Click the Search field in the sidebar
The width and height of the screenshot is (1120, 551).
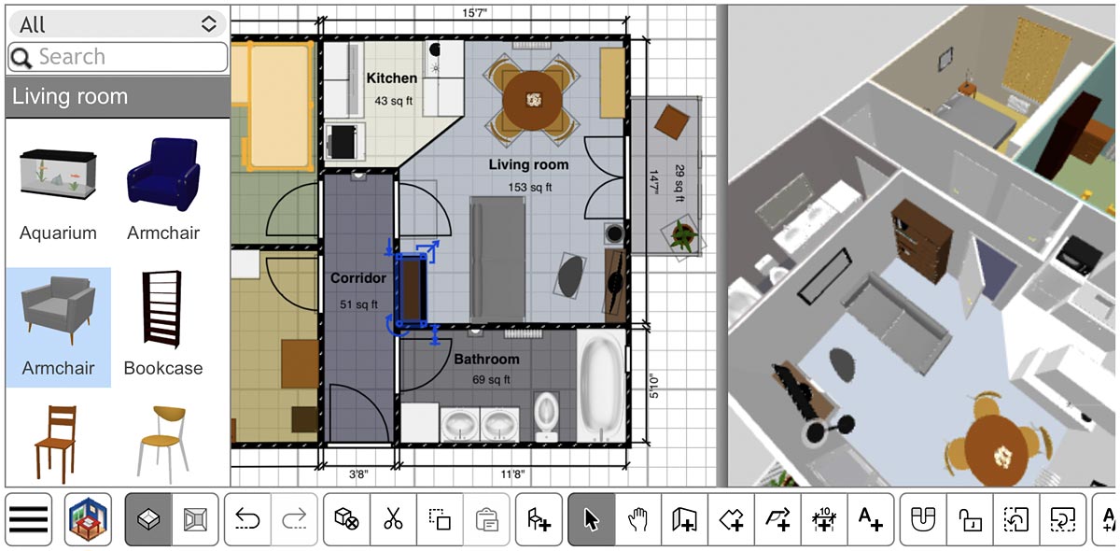pyautogui.click(x=118, y=57)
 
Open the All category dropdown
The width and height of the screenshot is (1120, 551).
pyautogui.click(x=118, y=24)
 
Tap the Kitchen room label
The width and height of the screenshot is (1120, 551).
pyautogui.click(x=391, y=78)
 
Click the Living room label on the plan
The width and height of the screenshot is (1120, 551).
pyautogui.click(x=528, y=165)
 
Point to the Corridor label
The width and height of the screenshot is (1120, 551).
pyautogui.click(x=357, y=278)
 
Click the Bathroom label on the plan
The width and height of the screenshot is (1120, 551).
pyautogui.click(x=486, y=360)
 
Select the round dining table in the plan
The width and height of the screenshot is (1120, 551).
pyautogui.click(x=533, y=97)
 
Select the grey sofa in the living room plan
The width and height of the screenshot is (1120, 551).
pyautogui.click(x=503, y=256)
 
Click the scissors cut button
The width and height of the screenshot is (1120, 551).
pyautogui.click(x=393, y=519)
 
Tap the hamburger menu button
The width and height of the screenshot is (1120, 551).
pyautogui.click(x=29, y=519)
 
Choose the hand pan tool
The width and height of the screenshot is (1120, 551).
pyautogui.click(x=637, y=519)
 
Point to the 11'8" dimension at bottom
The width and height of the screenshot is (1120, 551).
pyautogui.click(x=512, y=474)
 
